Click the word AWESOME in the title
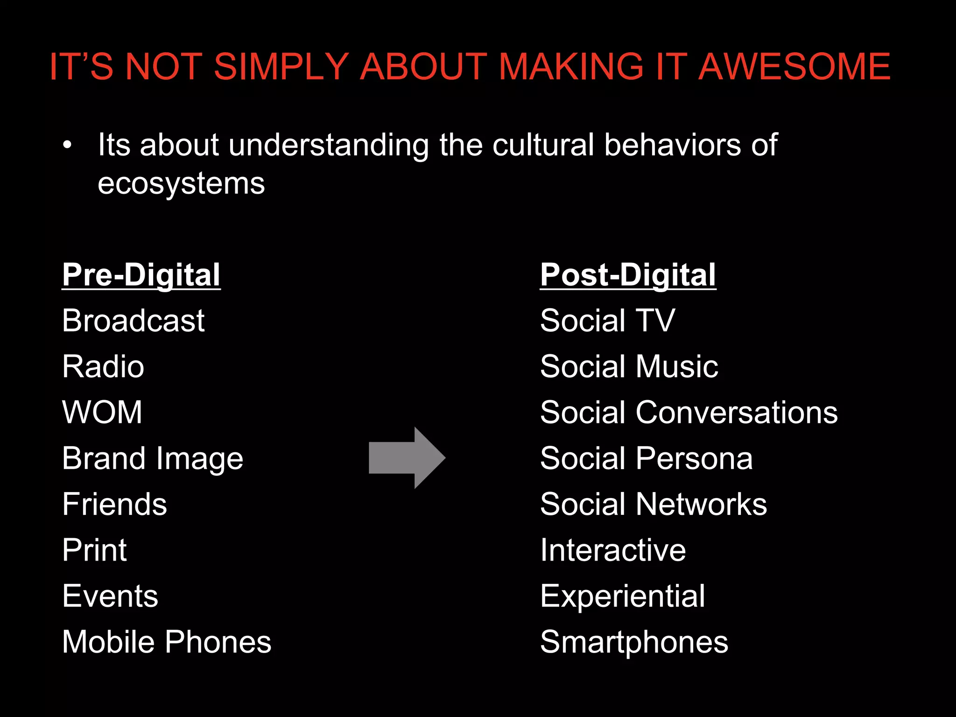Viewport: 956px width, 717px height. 794,67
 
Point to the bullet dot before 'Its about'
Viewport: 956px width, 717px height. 68,145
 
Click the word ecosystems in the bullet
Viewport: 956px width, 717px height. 181,183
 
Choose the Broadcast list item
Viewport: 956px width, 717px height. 134,321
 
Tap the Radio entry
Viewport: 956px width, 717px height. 103,366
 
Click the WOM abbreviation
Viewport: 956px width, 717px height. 102,412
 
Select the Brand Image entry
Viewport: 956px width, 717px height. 153,458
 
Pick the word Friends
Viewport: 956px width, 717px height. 114,504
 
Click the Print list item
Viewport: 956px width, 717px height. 94,550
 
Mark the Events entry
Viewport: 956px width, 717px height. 110,596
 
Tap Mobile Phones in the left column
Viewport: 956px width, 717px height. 167,642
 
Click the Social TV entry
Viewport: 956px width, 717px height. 607,321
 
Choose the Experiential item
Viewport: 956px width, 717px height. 622,596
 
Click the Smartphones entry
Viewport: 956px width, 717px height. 634,642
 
